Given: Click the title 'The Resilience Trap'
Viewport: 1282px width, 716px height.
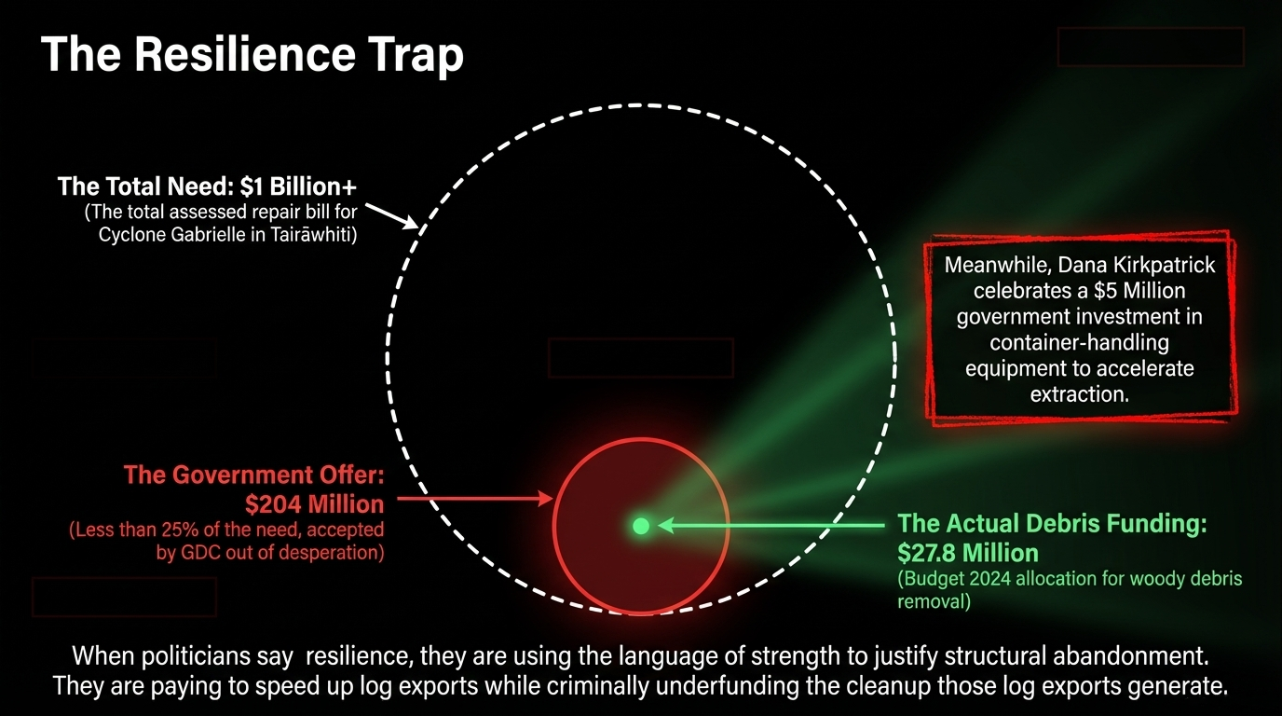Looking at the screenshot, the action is click(252, 56).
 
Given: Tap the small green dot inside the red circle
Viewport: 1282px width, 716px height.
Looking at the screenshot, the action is click(641, 526).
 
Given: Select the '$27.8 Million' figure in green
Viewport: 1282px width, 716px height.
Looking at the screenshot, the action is click(968, 551).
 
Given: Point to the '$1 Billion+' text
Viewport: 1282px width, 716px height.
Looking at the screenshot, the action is click(298, 186).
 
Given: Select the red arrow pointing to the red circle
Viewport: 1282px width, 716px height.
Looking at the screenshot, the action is click(475, 499).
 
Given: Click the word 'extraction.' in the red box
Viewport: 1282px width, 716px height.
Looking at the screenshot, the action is click(1079, 394).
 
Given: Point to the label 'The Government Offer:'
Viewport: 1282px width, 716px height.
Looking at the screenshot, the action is click(253, 475).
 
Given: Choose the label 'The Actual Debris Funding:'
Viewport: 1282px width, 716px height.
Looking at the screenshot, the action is click(1052, 524).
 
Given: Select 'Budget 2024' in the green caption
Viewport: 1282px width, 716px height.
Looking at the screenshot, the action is click(951, 579).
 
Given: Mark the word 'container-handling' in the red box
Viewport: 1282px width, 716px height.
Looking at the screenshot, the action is click(1079, 343).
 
